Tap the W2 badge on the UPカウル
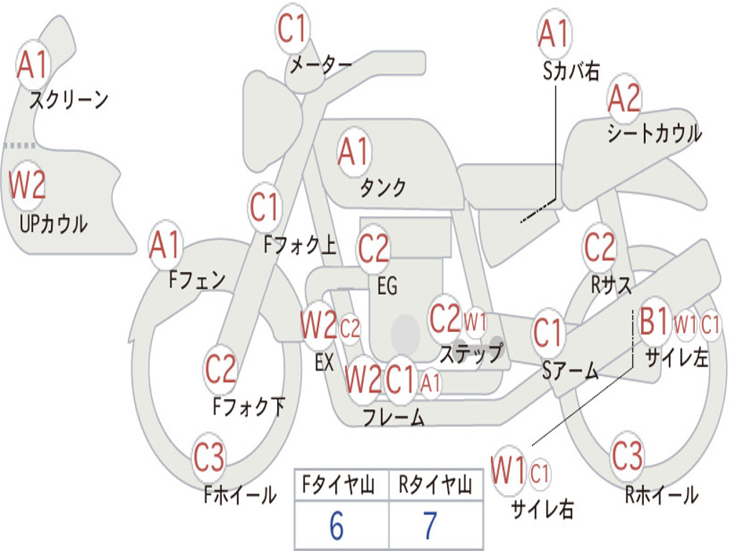click(x=27, y=184)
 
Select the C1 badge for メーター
click(x=294, y=29)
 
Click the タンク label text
click(x=383, y=188)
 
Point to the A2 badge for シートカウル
click(x=624, y=99)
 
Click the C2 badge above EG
click(x=374, y=249)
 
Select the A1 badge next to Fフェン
click(x=166, y=245)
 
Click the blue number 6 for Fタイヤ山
click(x=337, y=526)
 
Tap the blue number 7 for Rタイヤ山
click(x=430, y=526)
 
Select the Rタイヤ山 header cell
click(x=435, y=487)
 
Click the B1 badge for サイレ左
click(x=655, y=322)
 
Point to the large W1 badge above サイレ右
click(x=509, y=471)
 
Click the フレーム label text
click(x=393, y=418)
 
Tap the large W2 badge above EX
click(x=319, y=326)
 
